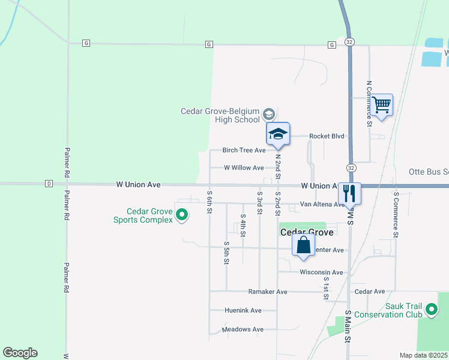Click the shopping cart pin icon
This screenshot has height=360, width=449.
[382, 105]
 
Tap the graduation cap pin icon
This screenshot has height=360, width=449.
[278, 134]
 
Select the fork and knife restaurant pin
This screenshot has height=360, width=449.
[349, 193]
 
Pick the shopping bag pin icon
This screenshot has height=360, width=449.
[304, 245]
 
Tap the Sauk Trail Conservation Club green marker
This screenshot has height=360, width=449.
[431, 310]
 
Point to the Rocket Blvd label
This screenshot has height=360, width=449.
[327, 136]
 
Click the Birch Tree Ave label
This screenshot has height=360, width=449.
[244, 150]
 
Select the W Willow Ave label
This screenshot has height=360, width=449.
[244, 168]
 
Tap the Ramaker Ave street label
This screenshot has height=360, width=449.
[268, 292]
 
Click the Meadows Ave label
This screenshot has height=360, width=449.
[243, 329]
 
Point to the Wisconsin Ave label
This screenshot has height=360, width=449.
[321, 272]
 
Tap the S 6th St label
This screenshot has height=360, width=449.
[209, 202]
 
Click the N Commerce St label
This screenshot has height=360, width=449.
[370, 103]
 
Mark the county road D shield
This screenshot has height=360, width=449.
[49, 184]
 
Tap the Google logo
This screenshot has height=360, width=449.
[20, 353]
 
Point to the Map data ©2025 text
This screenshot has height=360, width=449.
[423, 355]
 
